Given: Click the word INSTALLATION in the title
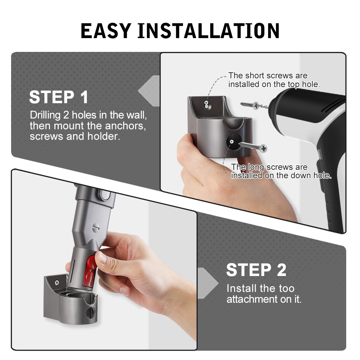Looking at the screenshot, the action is click(x=208, y=31).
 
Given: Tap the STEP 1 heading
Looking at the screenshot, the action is click(x=58, y=97).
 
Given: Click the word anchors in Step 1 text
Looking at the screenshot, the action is click(x=125, y=125).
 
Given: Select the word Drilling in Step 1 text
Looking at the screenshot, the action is click(x=45, y=115).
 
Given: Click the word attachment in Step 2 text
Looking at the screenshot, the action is click(x=252, y=299).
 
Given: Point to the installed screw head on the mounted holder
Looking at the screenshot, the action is click(x=57, y=282).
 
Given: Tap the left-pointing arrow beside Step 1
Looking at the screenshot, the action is click(x=149, y=91).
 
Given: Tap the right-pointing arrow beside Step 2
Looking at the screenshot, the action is click(x=208, y=283).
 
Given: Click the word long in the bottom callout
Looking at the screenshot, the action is click(x=254, y=167).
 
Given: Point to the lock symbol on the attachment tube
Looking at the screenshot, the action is click(x=96, y=228).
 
